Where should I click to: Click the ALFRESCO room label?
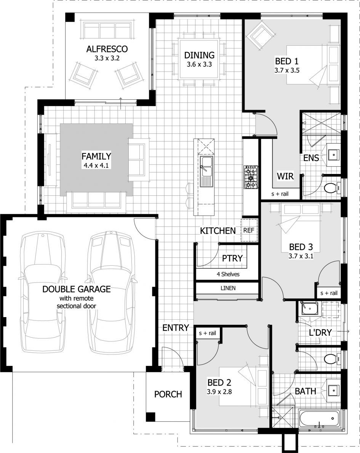107,49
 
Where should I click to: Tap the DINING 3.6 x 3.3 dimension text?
199,64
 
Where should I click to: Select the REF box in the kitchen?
249,230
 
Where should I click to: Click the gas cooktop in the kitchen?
251,177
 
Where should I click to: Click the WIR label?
285,176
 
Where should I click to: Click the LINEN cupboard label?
228,288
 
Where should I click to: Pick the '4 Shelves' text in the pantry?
228,274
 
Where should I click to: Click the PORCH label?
168,394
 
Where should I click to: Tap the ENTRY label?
176,328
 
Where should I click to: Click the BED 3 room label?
301,247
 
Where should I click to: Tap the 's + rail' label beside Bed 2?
208,333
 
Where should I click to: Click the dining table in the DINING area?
199,59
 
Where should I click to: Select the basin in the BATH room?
334,390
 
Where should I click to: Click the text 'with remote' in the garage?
77,298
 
